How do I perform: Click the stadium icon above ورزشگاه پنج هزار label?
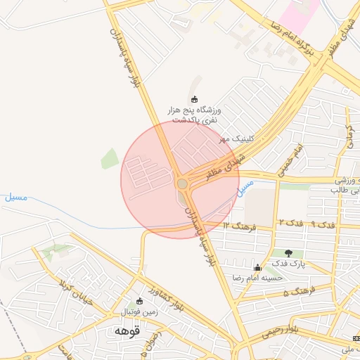click(195, 99)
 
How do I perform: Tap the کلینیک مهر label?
click(235, 139)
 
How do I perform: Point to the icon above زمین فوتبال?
click(139, 301)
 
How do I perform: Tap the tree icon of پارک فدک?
click(288, 252)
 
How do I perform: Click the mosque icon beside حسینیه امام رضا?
click(257, 267)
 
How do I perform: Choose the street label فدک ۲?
click(290, 223)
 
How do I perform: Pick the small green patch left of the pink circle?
click(110, 159)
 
